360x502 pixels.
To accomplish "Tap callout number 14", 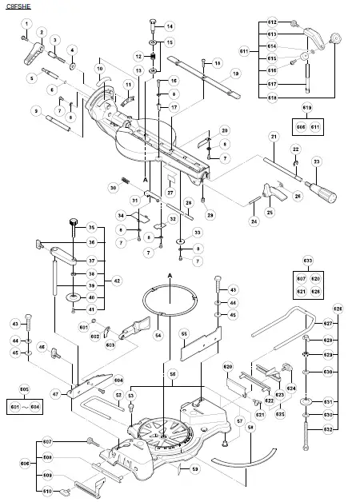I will pos(170,26).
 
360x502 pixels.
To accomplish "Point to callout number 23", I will pos(316,162).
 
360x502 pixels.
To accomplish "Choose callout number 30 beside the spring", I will pos(113,188).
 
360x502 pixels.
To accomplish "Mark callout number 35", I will pos(91,228).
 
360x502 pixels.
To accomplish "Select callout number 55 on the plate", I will pos(183,334).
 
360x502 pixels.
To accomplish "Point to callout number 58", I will pos(250,428).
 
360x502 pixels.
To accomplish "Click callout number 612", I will pos(271,22).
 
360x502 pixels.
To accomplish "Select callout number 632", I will pos(327,429).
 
